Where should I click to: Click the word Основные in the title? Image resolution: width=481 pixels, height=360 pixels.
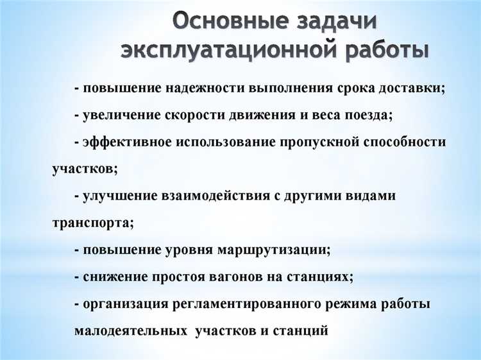pyautogui.click(x=226, y=21)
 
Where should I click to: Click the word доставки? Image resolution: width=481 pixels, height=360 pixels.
pyautogui.click(x=410, y=89)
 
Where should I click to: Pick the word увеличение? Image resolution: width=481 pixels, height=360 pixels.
pyautogui.click(x=122, y=116)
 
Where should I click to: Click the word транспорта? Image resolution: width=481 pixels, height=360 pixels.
pyautogui.click(x=90, y=223)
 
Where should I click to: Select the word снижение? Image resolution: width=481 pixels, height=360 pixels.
pyautogui.click(x=114, y=277)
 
